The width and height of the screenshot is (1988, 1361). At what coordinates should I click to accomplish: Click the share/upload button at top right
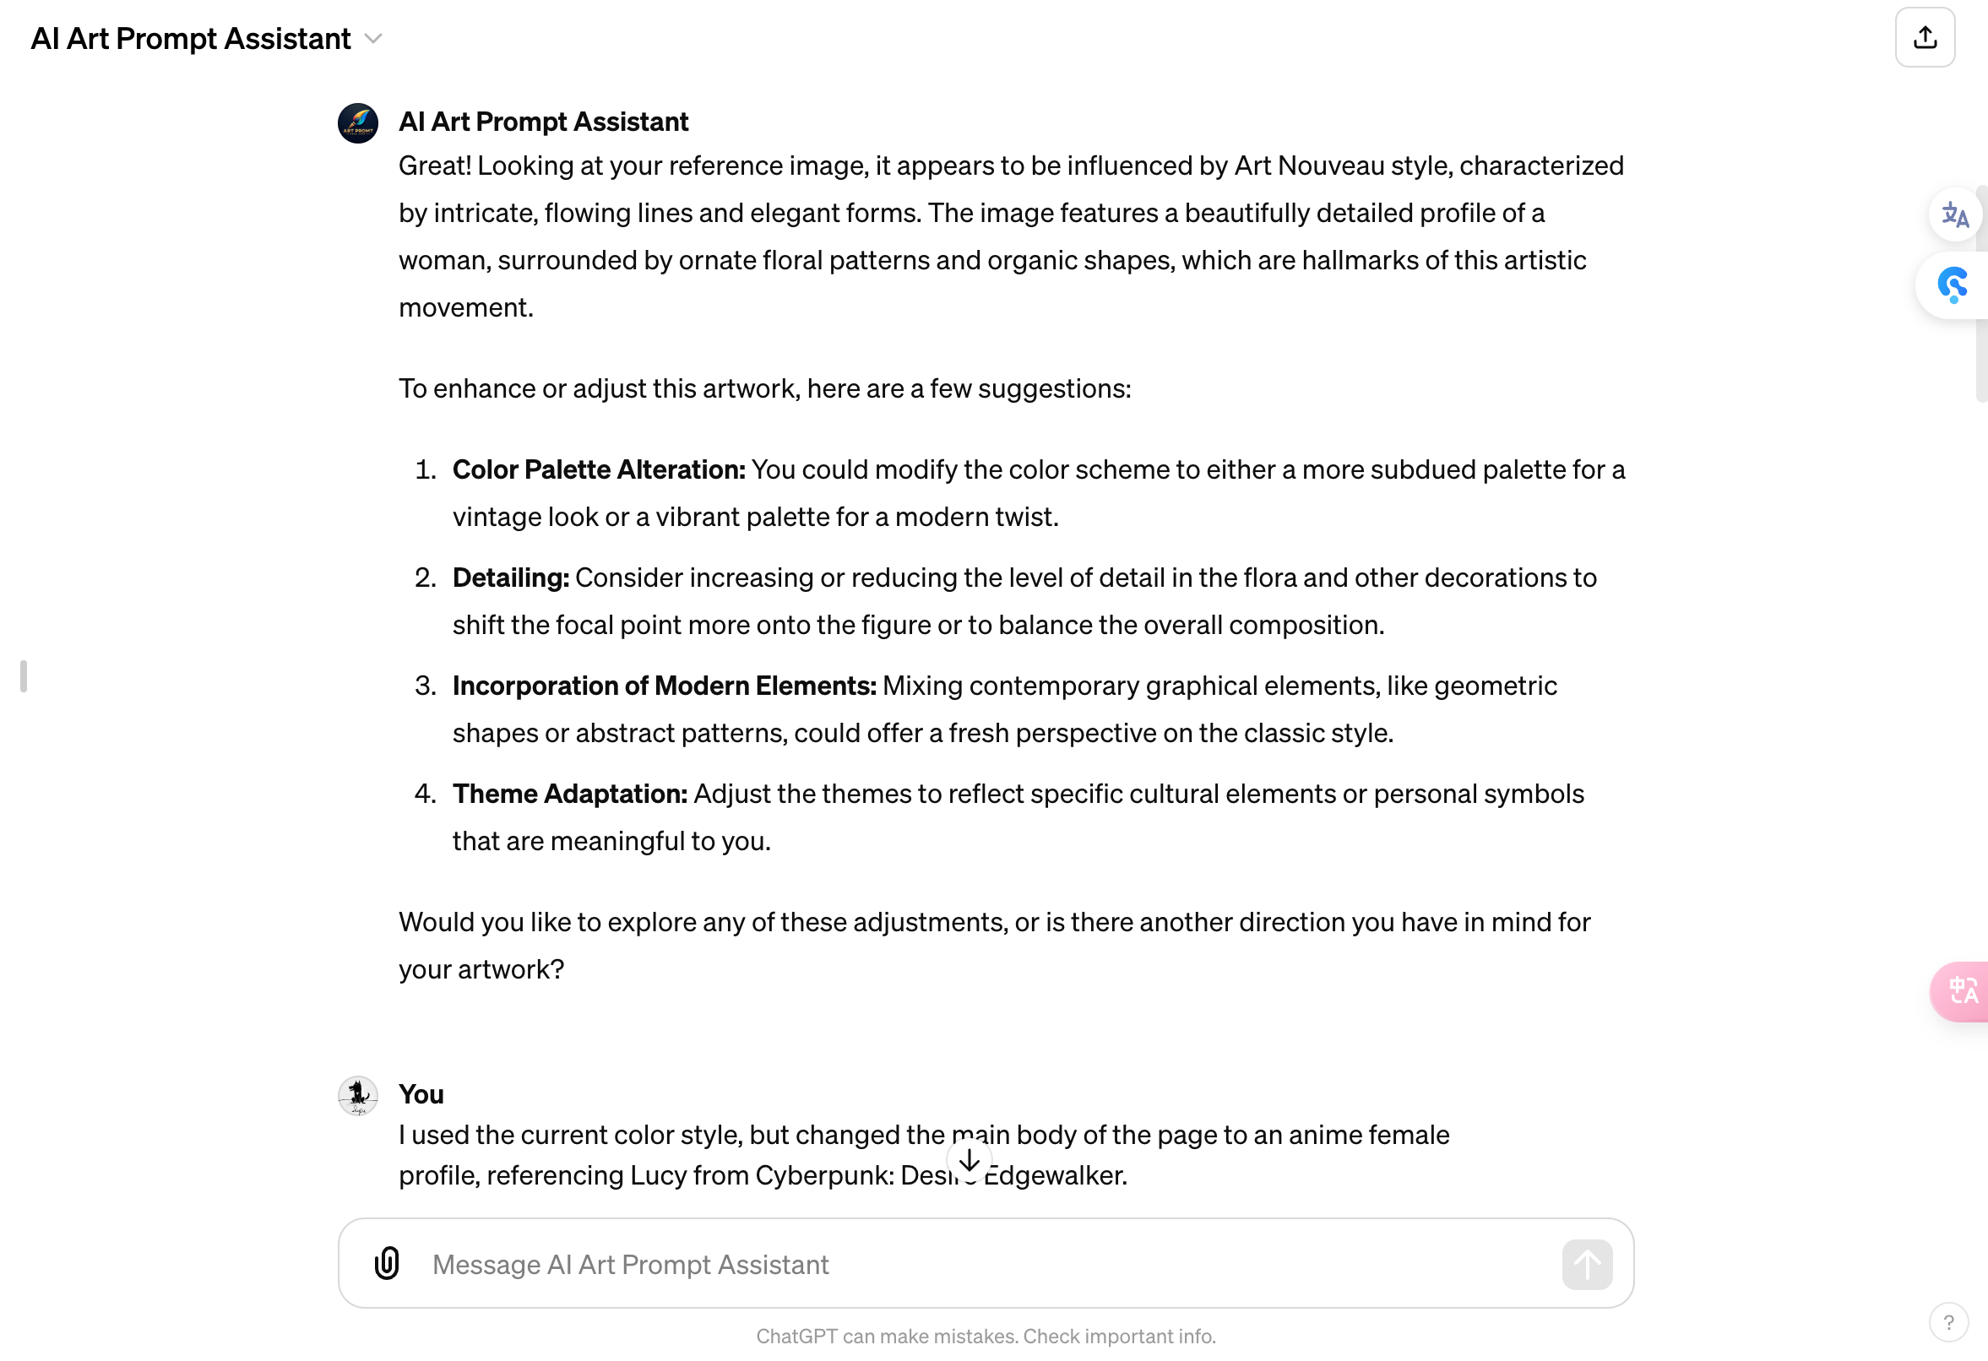coord(1924,38)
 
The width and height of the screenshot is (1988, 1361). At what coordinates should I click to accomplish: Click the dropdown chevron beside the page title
coord(373,40)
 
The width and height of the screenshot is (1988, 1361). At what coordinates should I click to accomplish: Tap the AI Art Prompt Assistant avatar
coord(357,123)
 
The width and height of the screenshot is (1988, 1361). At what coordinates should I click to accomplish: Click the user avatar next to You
coord(357,1096)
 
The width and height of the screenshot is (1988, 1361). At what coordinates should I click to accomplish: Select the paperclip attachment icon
coord(387,1263)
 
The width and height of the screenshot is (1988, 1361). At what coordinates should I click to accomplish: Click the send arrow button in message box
coord(1587,1263)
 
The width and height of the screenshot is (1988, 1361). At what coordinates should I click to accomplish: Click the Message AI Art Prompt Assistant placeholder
coord(631,1265)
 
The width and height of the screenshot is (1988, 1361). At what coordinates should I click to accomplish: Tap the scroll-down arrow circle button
coord(970,1161)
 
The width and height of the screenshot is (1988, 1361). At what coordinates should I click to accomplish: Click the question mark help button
coord(1947,1322)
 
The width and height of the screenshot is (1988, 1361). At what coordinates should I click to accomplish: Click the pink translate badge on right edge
coord(1961,991)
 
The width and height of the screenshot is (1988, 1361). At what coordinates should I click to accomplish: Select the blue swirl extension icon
coord(1953,285)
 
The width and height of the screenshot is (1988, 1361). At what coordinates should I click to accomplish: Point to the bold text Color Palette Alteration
coord(598,469)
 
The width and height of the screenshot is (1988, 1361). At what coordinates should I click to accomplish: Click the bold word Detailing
coord(510,577)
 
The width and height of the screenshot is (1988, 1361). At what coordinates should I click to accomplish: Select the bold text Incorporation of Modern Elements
coord(664,686)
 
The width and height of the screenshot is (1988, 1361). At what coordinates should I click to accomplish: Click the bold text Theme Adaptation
coord(570,794)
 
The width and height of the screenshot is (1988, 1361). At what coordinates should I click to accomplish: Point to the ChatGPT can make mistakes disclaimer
coord(986,1337)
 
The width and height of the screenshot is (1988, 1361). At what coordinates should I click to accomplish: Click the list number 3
coord(425,686)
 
